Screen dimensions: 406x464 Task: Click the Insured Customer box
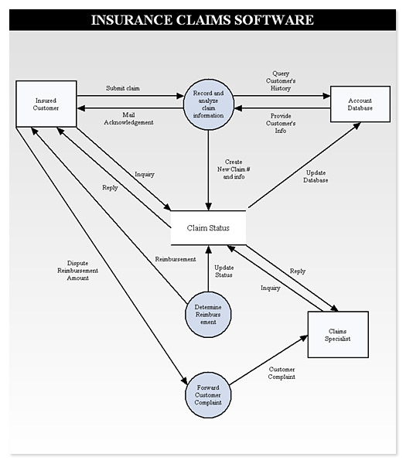click(x=46, y=104)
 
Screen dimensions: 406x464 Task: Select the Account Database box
click(x=360, y=104)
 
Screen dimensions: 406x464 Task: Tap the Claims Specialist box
click(x=338, y=335)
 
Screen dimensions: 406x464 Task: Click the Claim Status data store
click(x=208, y=228)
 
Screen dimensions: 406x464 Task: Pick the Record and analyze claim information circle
click(x=208, y=104)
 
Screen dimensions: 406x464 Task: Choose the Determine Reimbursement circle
click(x=208, y=315)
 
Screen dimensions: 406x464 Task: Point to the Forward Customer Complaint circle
click(x=208, y=395)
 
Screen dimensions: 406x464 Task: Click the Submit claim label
click(x=123, y=88)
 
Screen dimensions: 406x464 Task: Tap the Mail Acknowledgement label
click(x=128, y=118)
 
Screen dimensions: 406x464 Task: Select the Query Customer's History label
click(x=281, y=80)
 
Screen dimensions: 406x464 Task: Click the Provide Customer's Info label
click(x=281, y=124)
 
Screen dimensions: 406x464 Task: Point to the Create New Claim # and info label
click(x=234, y=169)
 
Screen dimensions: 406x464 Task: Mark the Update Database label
click(x=316, y=176)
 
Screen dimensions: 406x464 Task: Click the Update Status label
click(x=223, y=271)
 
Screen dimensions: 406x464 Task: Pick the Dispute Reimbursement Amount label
click(x=77, y=271)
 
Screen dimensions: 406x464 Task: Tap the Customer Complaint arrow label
click(x=281, y=374)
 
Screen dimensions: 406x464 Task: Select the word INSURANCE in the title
click(x=131, y=20)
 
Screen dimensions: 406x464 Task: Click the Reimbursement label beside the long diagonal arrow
click(x=176, y=259)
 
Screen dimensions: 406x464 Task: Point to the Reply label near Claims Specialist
click(x=298, y=271)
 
